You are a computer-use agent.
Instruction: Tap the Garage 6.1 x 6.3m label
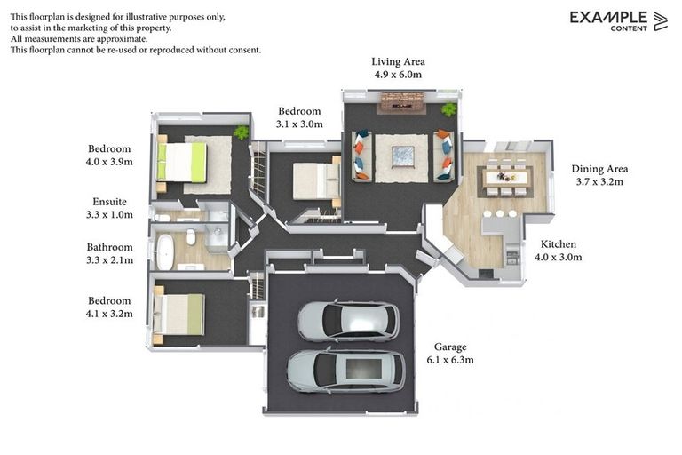(x=450, y=353)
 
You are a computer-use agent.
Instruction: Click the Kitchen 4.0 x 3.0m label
(x=559, y=251)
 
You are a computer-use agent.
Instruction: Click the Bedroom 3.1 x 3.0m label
(x=299, y=117)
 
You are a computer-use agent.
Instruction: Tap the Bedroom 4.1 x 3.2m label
(x=109, y=307)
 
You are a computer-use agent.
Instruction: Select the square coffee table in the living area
(x=403, y=156)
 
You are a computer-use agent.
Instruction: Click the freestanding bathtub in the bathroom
(x=165, y=252)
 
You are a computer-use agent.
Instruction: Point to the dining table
(x=506, y=177)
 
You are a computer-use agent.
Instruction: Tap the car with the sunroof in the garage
(x=346, y=370)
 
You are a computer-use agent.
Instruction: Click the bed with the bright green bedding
(x=181, y=163)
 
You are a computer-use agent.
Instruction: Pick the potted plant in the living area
(x=448, y=108)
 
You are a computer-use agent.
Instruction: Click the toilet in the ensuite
(x=163, y=218)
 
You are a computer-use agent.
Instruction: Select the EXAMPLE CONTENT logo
(x=618, y=21)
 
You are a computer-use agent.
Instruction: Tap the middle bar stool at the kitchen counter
(x=500, y=214)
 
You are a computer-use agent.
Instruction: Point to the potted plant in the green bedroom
(x=241, y=132)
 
